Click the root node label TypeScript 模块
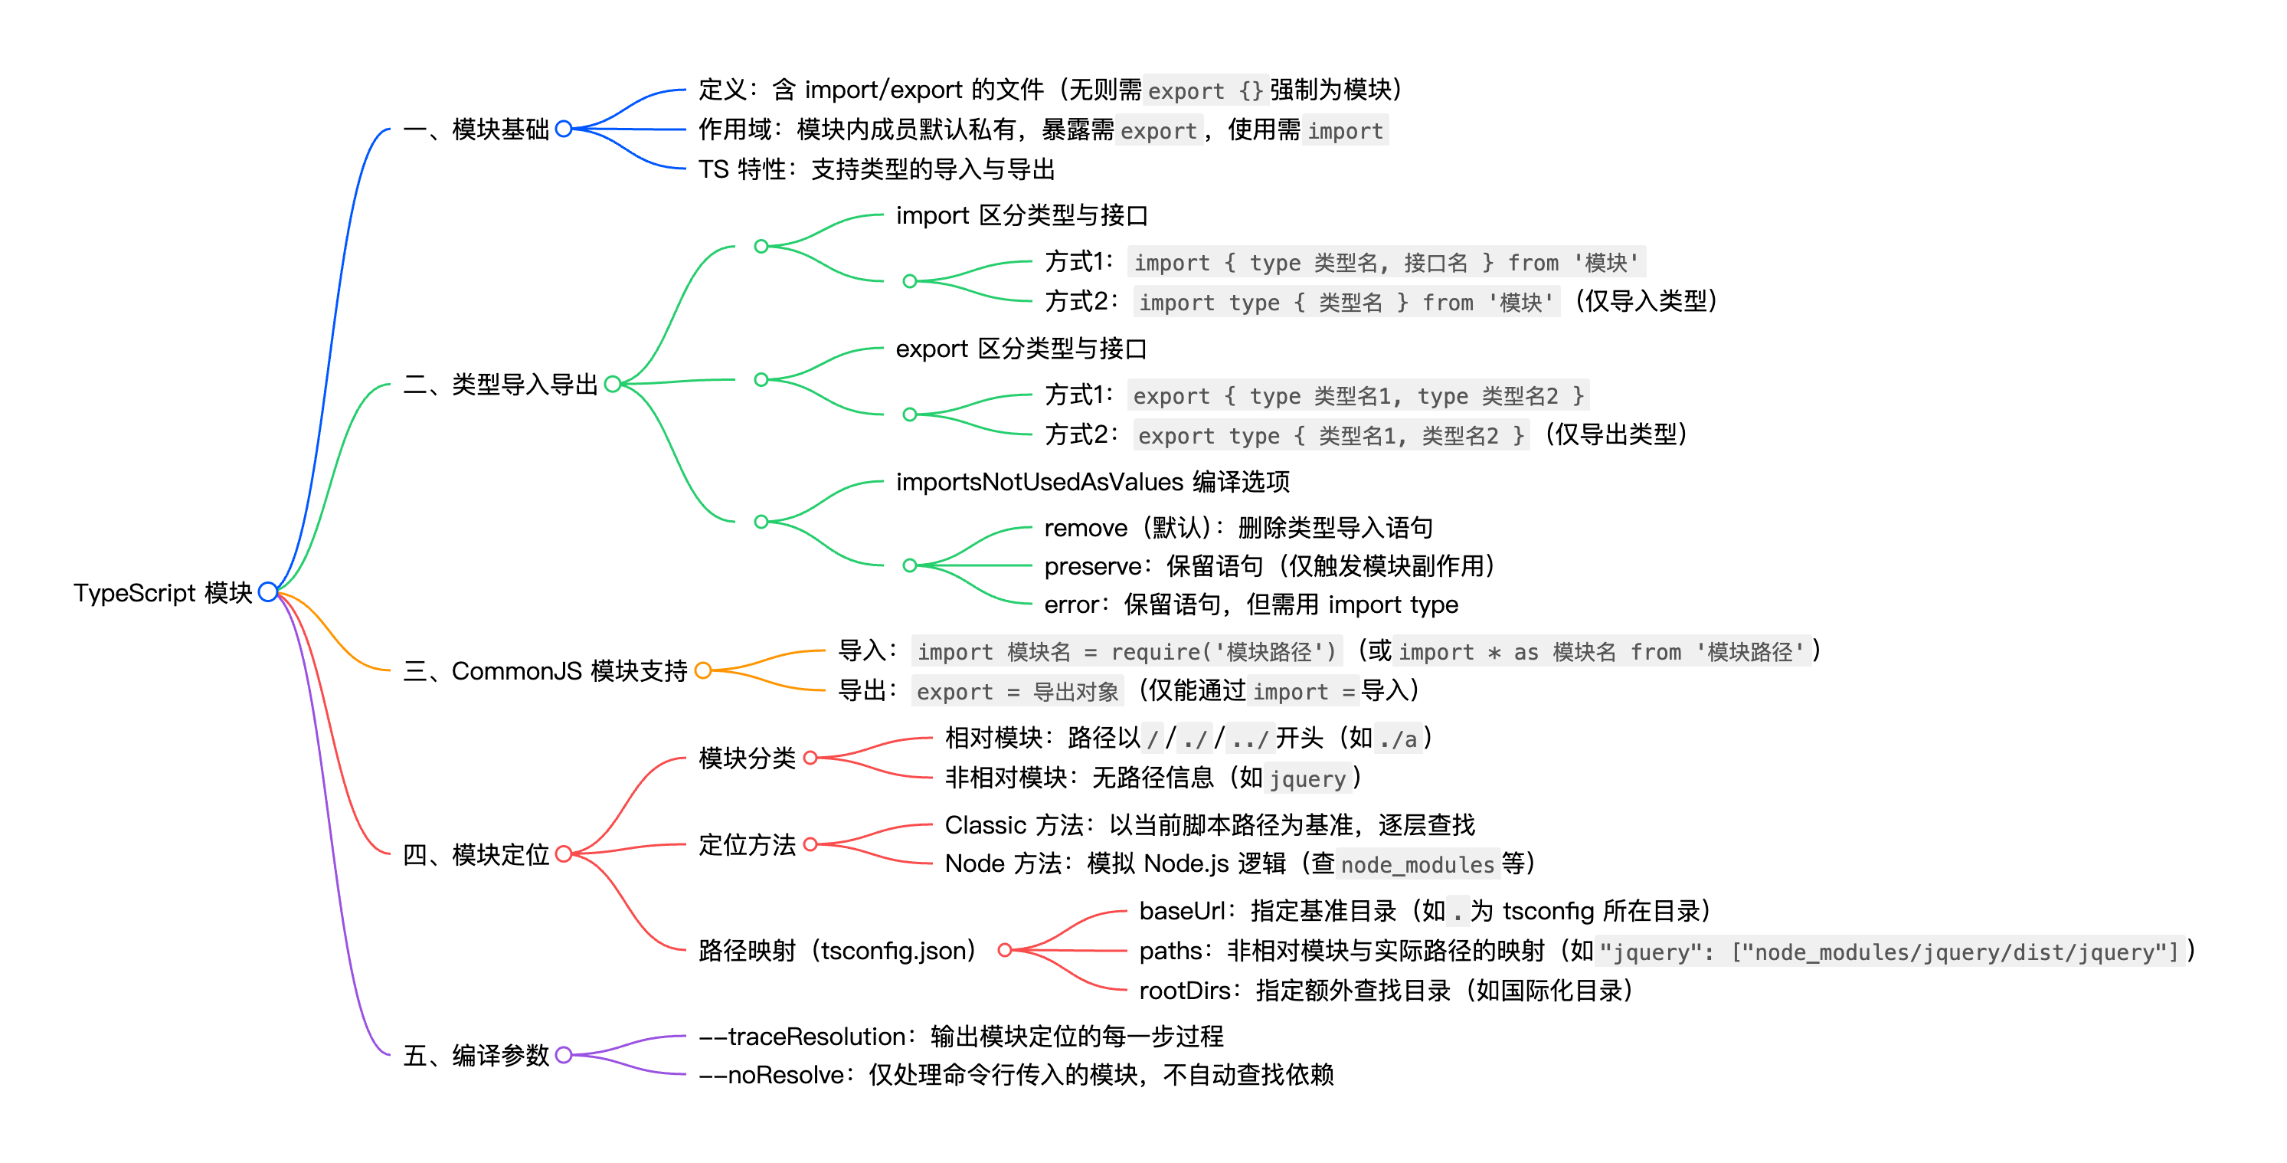(162, 592)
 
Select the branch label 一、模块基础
(476, 129)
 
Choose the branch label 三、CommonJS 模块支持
(545, 671)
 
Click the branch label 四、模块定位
(476, 855)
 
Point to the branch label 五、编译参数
(476, 1056)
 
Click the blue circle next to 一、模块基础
(564, 129)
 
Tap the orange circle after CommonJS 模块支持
(703, 671)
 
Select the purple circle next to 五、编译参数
(564, 1056)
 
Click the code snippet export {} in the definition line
(1205, 90)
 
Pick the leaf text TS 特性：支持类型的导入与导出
(876, 169)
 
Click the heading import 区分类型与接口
(1022, 216)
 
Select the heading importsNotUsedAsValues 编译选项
(1092, 482)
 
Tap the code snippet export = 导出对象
(1017, 692)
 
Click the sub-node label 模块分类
(747, 758)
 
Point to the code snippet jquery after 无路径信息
(1307, 779)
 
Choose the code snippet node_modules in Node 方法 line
(1418, 865)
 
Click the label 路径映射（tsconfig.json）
(837, 951)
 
